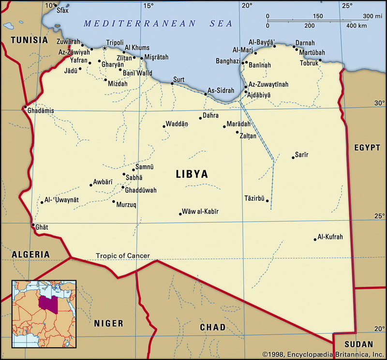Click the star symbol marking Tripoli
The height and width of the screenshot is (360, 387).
(x=104, y=48)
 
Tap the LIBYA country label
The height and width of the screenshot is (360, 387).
(x=192, y=174)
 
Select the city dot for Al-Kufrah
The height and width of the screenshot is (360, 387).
(x=315, y=239)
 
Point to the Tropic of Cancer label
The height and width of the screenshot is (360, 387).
(x=122, y=255)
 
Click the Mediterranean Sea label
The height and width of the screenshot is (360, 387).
(x=158, y=23)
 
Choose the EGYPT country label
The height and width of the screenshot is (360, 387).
(x=367, y=148)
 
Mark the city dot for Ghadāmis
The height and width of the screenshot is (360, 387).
(x=25, y=107)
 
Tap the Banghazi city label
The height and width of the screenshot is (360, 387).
(x=228, y=61)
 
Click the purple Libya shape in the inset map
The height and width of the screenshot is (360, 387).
(x=46, y=303)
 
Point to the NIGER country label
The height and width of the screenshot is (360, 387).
(x=108, y=323)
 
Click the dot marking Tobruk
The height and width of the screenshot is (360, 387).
(x=320, y=60)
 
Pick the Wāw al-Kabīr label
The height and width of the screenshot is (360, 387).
(x=200, y=211)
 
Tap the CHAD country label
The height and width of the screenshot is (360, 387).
(x=212, y=328)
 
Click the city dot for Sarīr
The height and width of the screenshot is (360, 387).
(x=293, y=157)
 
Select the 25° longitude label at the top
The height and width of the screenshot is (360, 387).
(x=347, y=6)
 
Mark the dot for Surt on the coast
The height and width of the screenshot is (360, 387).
(x=172, y=84)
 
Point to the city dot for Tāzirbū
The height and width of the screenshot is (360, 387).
(x=267, y=200)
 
